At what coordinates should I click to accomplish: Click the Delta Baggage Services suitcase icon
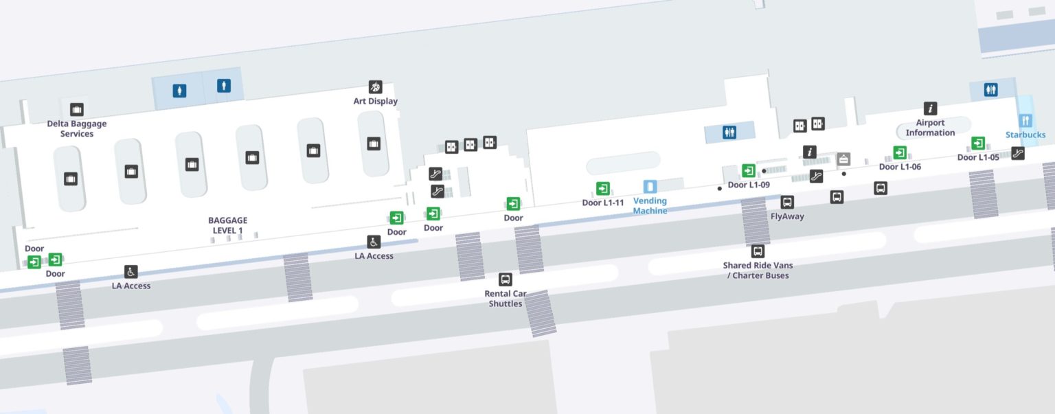76,109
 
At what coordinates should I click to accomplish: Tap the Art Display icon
375,87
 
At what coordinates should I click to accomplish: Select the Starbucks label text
1025,135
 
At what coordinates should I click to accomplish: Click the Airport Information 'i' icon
930,108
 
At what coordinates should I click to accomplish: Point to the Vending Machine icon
650,186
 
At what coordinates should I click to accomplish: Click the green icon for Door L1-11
602,188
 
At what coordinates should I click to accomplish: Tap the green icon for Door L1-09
748,170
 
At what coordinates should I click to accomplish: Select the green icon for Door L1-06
899,152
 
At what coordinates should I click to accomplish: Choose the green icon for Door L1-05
977,143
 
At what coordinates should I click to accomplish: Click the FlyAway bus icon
787,202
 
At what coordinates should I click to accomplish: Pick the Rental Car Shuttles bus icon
506,279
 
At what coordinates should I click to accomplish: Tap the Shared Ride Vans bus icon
758,251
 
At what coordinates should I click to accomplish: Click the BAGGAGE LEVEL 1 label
227,225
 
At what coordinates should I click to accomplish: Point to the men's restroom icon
223,86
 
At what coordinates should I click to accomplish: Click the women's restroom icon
180,90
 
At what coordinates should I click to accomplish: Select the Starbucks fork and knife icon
1026,120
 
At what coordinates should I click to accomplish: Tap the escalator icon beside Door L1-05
1018,153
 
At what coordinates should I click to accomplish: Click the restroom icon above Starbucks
990,89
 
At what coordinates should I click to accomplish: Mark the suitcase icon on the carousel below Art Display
374,143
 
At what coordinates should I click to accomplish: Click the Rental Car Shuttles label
506,299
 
